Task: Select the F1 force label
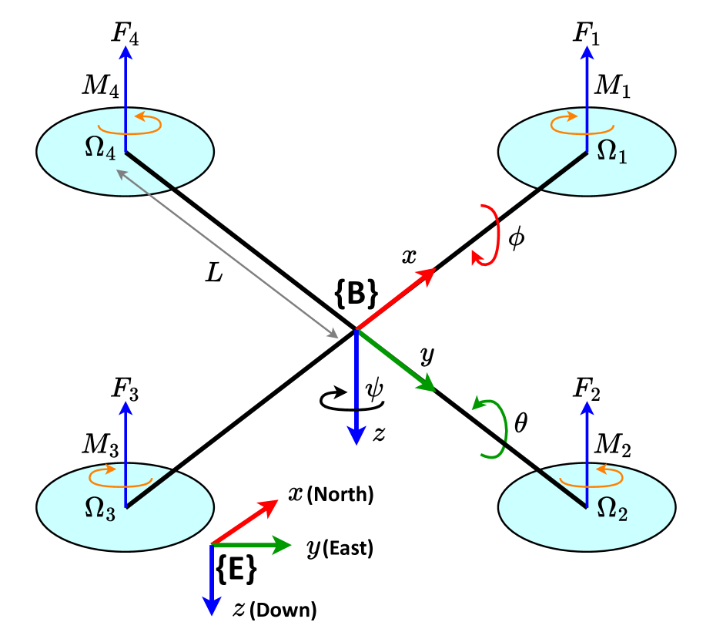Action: [587, 33]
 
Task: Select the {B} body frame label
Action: [356, 294]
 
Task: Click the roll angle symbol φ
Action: [516, 237]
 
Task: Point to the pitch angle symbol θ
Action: [521, 423]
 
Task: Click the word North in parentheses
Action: [340, 495]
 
